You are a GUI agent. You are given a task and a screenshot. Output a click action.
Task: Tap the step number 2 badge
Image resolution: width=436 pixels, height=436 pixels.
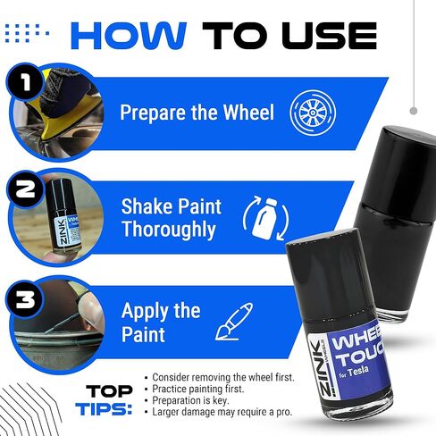coord(21,189)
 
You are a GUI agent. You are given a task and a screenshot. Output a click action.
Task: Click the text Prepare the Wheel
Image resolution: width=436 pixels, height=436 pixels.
coord(197,114)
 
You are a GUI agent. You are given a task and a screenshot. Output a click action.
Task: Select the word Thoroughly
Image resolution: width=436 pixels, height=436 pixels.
coord(169,231)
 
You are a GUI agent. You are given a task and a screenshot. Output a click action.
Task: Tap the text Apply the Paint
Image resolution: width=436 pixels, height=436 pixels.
coord(161,323)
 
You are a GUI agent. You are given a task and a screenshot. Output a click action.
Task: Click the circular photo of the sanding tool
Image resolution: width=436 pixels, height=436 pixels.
coord(54,112)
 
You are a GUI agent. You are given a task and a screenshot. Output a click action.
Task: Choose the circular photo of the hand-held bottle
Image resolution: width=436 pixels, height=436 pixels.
coord(54,220)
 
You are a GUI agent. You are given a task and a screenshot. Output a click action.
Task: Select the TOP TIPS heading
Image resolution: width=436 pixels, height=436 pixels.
coord(109,399)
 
